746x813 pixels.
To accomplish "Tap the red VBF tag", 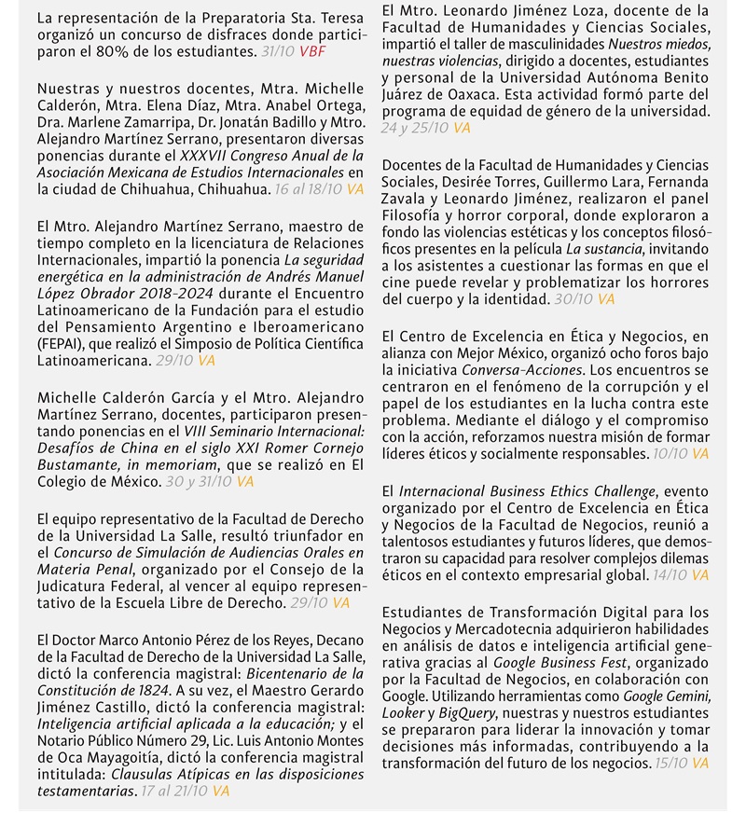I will point(312,51).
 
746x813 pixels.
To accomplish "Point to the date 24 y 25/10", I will point(415,129).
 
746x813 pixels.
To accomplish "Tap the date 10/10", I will point(670,453).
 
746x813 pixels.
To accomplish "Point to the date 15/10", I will point(670,764).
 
